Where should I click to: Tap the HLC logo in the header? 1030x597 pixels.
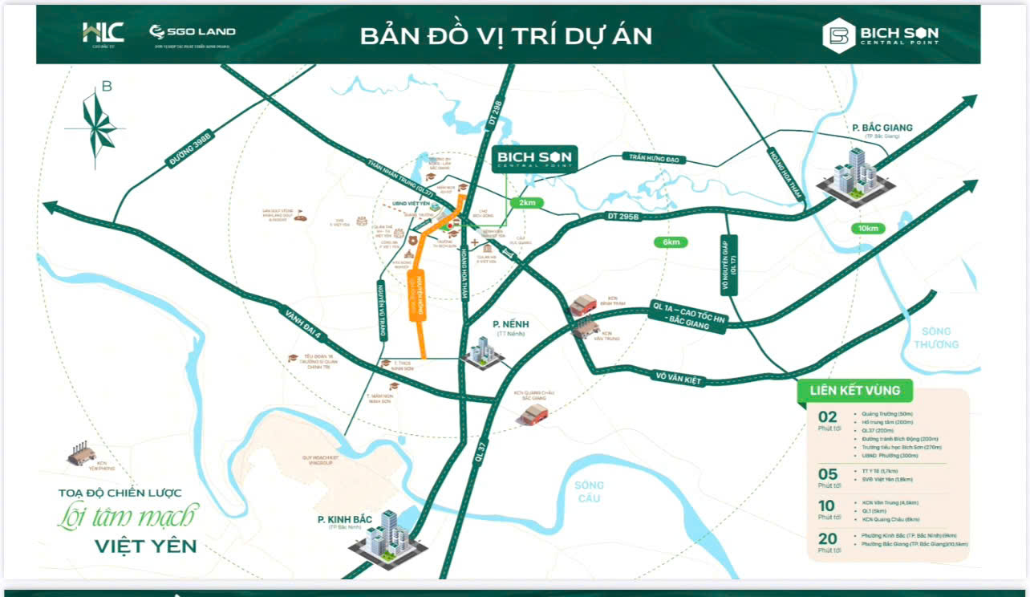pos(103,33)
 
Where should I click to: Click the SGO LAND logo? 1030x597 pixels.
pos(193,32)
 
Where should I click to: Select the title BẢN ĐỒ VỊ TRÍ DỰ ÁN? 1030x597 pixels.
pos(505,36)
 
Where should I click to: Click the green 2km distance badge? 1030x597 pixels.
pos(528,203)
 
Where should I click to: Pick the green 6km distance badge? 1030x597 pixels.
pos(671,242)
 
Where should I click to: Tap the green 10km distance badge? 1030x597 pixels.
pos(868,229)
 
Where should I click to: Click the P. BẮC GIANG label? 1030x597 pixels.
pos(882,128)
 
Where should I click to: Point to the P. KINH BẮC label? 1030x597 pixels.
pos(345,520)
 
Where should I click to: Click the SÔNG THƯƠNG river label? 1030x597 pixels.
pos(935,338)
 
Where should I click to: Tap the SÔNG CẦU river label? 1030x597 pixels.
pos(589,491)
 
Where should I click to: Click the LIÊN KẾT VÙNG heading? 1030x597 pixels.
pos(854,391)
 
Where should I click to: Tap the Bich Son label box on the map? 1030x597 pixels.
pos(533,158)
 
